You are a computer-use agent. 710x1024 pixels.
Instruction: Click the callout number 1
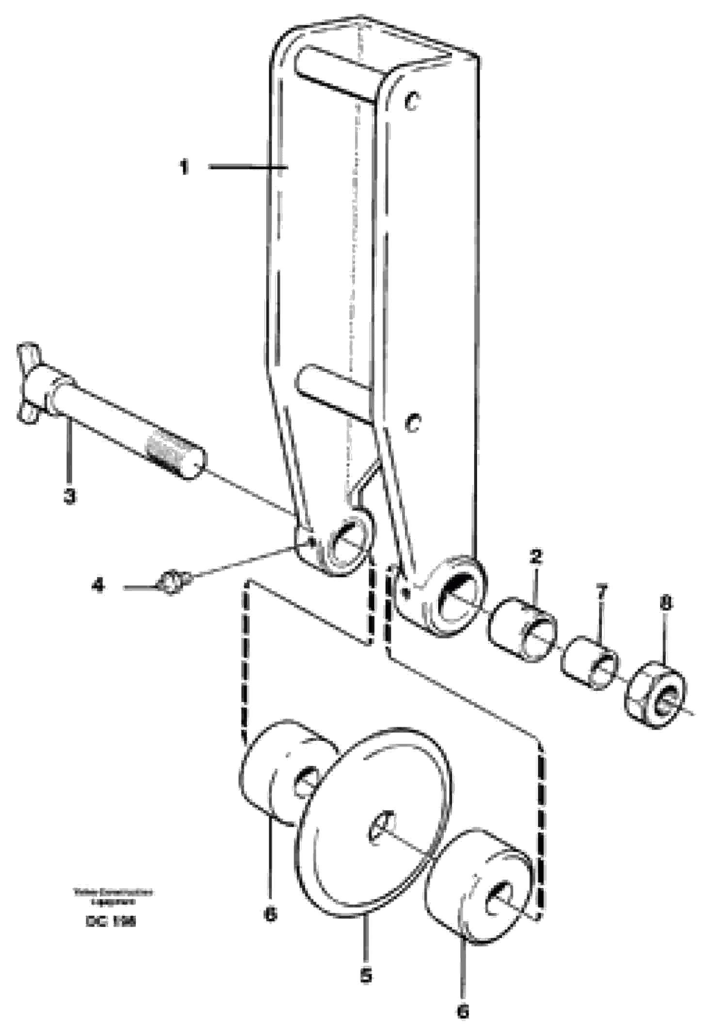coord(184,168)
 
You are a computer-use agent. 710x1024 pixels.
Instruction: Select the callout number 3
coord(70,496)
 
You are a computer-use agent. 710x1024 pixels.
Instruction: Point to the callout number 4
coord(98,586)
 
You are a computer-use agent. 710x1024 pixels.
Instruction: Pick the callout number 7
coord(601,592)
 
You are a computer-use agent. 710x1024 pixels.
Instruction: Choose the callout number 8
coord(666,604)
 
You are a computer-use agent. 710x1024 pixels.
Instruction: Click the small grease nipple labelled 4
coord(171,581)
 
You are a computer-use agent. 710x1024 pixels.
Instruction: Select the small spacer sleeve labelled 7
coord(590,663)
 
